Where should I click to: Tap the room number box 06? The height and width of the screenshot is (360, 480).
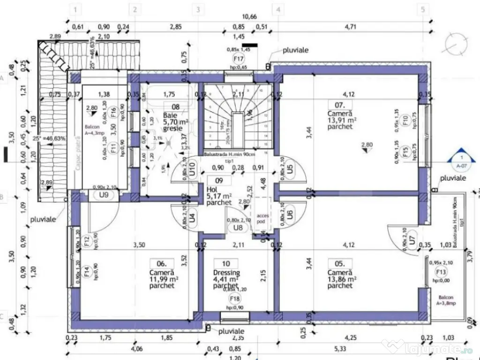[x=155, y=263]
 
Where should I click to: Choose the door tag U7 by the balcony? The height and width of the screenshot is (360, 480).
[x=412, y=238]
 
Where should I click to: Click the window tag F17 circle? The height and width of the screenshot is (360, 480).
[x=239, y=59]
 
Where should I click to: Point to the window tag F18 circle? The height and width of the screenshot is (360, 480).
[x=233, y=299]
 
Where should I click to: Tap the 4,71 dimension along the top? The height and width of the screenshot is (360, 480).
[x=350, y=27]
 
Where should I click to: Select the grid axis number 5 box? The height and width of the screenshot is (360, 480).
[x=423, y=9]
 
